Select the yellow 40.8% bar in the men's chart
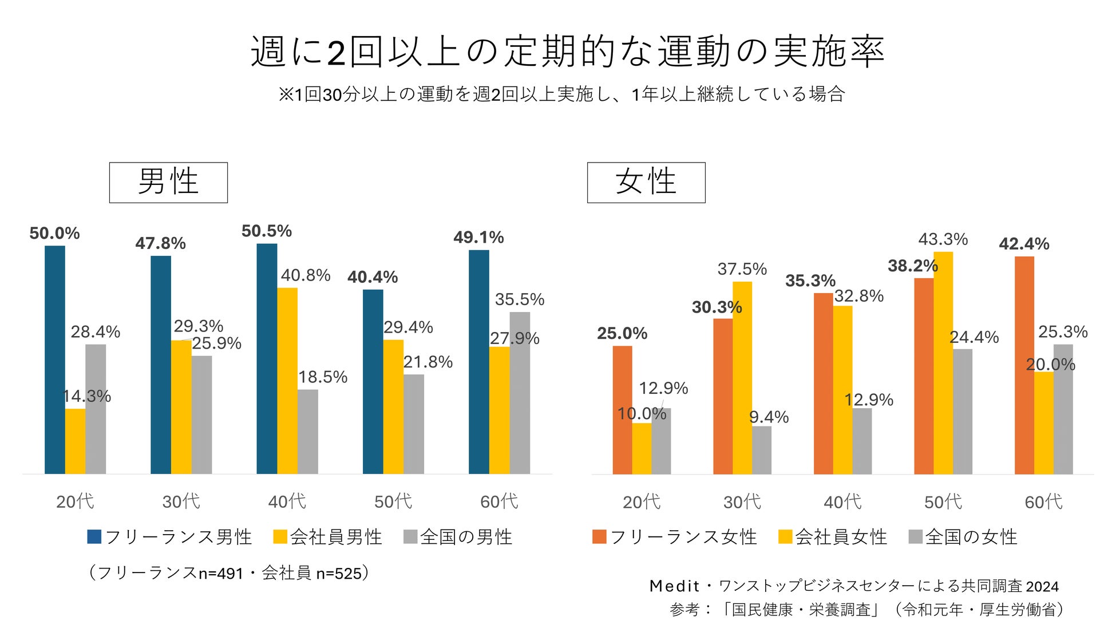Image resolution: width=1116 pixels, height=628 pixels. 287,381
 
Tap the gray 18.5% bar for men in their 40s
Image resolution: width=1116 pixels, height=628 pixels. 308,432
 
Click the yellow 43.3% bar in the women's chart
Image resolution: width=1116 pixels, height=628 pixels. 943,363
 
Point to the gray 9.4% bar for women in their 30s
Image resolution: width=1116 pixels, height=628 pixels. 762,450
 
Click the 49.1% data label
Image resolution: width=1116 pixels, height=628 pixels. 478,238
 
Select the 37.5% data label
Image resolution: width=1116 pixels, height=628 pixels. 742,269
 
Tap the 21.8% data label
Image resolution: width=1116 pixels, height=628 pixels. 428,362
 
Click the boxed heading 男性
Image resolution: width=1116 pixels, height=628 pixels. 168,183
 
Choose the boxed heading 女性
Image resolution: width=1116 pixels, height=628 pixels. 646,183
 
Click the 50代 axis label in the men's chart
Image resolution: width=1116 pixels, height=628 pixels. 393,501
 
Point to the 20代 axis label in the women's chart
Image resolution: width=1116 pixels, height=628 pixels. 642,502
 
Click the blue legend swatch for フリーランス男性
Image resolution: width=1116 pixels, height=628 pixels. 94,536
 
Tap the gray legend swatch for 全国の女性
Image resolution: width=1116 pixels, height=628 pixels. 916,536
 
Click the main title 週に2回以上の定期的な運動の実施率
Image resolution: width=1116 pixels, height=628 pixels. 568,52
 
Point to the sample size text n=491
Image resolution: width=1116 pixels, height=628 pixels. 221,574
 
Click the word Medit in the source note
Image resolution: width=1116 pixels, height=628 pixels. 674,586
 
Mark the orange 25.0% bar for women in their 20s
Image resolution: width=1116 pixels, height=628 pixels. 622,410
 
